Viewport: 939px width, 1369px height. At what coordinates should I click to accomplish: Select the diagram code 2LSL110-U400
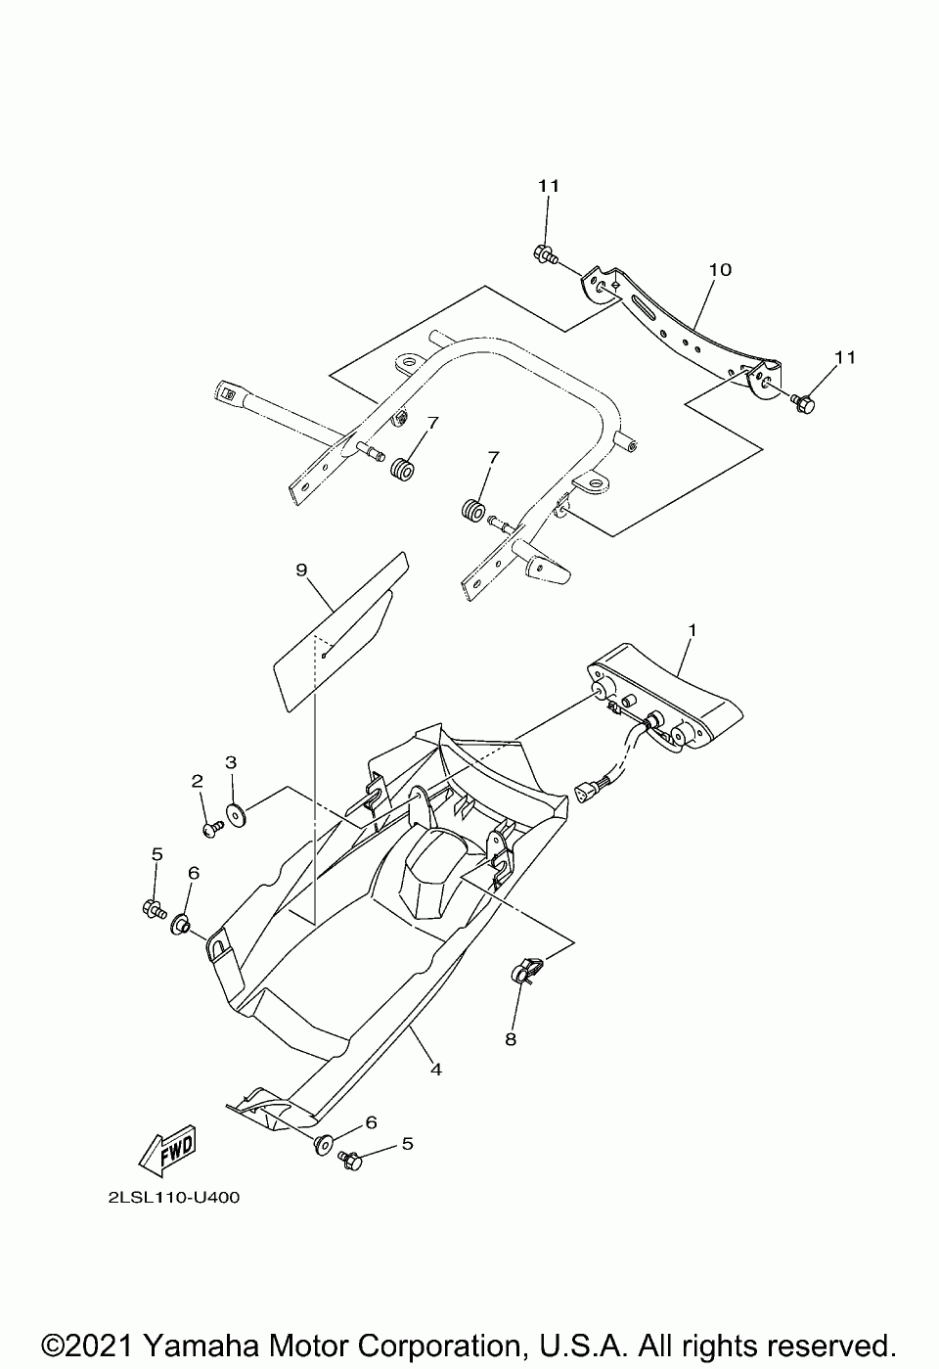tap(168, 1197)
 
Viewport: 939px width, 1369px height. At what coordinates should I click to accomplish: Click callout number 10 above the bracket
tap(721, 269)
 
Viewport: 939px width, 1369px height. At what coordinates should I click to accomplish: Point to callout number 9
tap(301, 569)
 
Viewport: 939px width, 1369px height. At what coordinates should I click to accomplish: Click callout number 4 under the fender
tap(436, 1070)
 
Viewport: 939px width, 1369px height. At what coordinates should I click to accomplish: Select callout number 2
tap(197, 781)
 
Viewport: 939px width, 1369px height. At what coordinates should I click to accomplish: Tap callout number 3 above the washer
tap(231, 761)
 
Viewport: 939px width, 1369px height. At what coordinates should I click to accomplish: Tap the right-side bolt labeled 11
tap(804, 401)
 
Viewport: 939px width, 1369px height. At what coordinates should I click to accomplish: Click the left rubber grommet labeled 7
tap(402, 467)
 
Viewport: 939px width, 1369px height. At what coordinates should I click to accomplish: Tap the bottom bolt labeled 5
tap(350, 1161)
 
